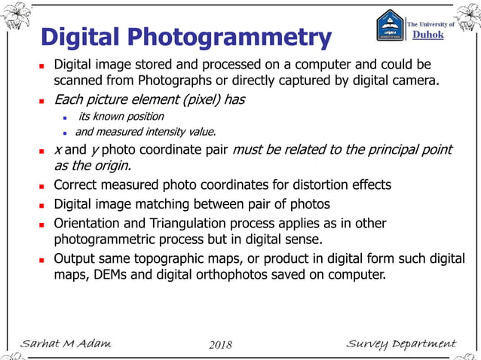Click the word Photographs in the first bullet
click(x=194, y=78)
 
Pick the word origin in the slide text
click(x=111, y=166)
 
